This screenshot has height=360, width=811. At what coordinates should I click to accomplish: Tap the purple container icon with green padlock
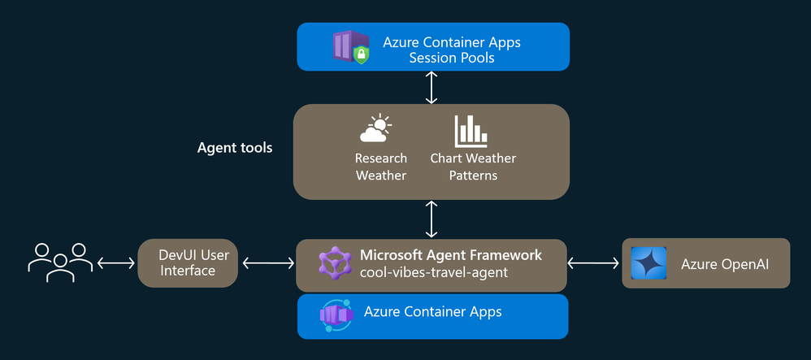(351, 47)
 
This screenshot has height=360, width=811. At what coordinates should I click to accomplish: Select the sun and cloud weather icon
(375, 131)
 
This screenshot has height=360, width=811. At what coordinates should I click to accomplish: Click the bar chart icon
(471, 131)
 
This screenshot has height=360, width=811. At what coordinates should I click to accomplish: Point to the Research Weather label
(380, 167)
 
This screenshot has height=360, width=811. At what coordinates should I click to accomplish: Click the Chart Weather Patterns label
(473, 167)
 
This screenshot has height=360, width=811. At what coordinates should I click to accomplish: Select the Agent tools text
(235, 148)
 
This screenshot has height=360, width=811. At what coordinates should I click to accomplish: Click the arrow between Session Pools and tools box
(432, 87)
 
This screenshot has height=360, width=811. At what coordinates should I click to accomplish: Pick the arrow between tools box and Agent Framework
(432, 219)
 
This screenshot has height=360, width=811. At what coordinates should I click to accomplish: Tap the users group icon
(60, 262)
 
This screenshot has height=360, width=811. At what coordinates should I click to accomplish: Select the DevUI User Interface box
(187, 262)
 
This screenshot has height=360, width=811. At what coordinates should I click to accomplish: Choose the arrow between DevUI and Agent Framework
(268, 262)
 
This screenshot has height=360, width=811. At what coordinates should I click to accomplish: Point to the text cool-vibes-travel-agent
(433, 273)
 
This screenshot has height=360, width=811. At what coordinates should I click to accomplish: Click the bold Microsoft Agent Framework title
(451, 255)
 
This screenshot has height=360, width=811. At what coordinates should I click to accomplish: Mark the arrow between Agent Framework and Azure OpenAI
(595, 262)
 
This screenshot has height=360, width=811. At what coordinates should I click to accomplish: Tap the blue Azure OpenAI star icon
(648, 263)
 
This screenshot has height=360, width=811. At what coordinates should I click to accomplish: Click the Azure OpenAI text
(724, 263)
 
